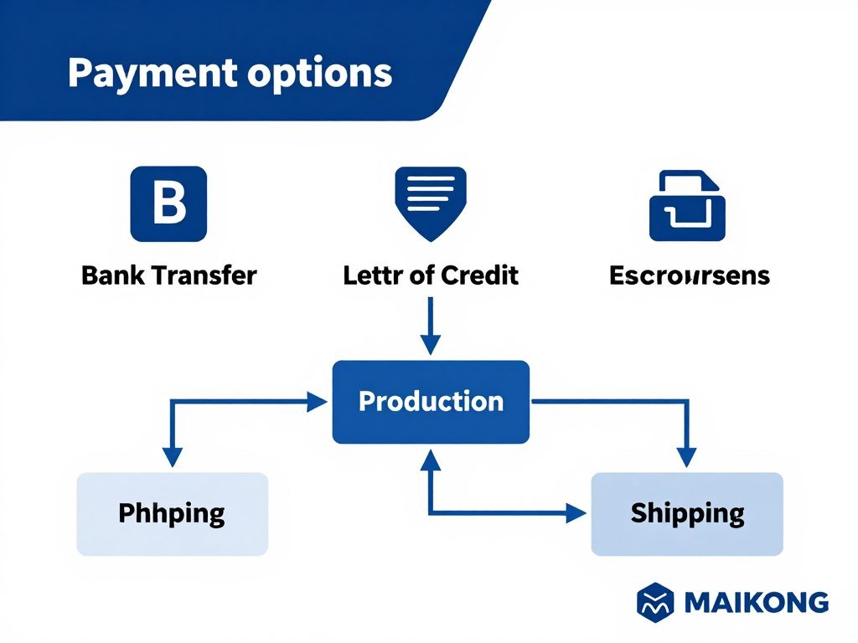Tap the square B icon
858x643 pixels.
click(x=168, y=204)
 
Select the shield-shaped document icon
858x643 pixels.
click(x=430, y=199)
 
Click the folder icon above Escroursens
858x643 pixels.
click(x=687, y=206)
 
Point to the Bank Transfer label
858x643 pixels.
click(x=168, y=275)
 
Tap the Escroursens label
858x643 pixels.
click(x=689, y=275)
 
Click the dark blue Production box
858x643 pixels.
click(x=431, y=402)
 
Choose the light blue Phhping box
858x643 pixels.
click(x=172, y=513)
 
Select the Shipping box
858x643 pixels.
click(x=687, y=513)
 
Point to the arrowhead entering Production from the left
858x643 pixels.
click(x=318, y=402)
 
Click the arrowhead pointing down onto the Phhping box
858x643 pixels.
click(x=172, y=457)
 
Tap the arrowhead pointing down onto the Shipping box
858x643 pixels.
click(x=686, y=457)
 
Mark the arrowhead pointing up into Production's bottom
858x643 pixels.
click(x=430, y=460)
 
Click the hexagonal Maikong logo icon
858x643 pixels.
click(x=656, y=602)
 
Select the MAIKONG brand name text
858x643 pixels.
click(x=756, y=603)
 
